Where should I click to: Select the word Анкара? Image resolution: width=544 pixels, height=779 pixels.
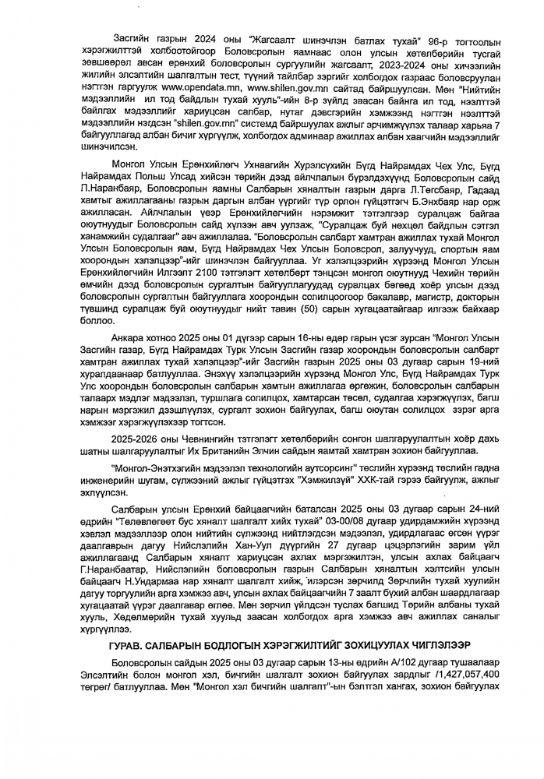128,339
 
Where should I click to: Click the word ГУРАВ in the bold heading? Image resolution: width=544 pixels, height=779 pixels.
128,644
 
